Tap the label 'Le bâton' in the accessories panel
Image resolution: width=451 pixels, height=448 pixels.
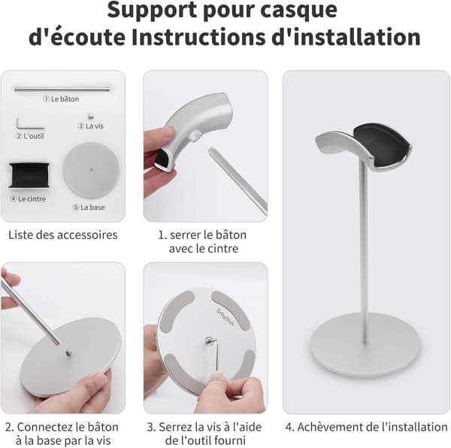(x=65, y=99)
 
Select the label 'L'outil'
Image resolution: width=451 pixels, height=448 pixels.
(x=34, y=136)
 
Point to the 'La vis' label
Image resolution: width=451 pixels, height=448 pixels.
(x=95, y=126)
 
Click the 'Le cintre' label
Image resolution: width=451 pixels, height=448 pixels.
(x=32, y=199)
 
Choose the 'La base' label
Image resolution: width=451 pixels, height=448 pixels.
(x=92, y=207)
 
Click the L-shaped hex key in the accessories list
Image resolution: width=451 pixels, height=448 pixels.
(x=29, y=125)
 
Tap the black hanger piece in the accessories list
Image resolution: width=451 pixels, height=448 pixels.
(x=29, y=175)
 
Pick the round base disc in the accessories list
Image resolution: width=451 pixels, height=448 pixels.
(x=92, y=170)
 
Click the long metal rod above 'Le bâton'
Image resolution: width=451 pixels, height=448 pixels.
(x=62, y=89)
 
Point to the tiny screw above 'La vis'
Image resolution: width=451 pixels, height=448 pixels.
(x=91, y=117)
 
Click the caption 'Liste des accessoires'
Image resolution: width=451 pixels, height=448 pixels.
(x=62, y=235)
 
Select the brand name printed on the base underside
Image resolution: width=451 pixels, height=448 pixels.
(x=225, y=317)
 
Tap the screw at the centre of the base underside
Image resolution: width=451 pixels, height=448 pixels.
(x=208, y=341)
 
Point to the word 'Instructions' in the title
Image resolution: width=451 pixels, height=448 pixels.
(x=198, y=38)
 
